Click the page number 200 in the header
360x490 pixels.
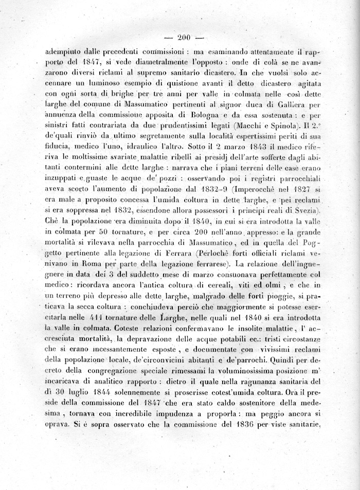pos(184,37)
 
